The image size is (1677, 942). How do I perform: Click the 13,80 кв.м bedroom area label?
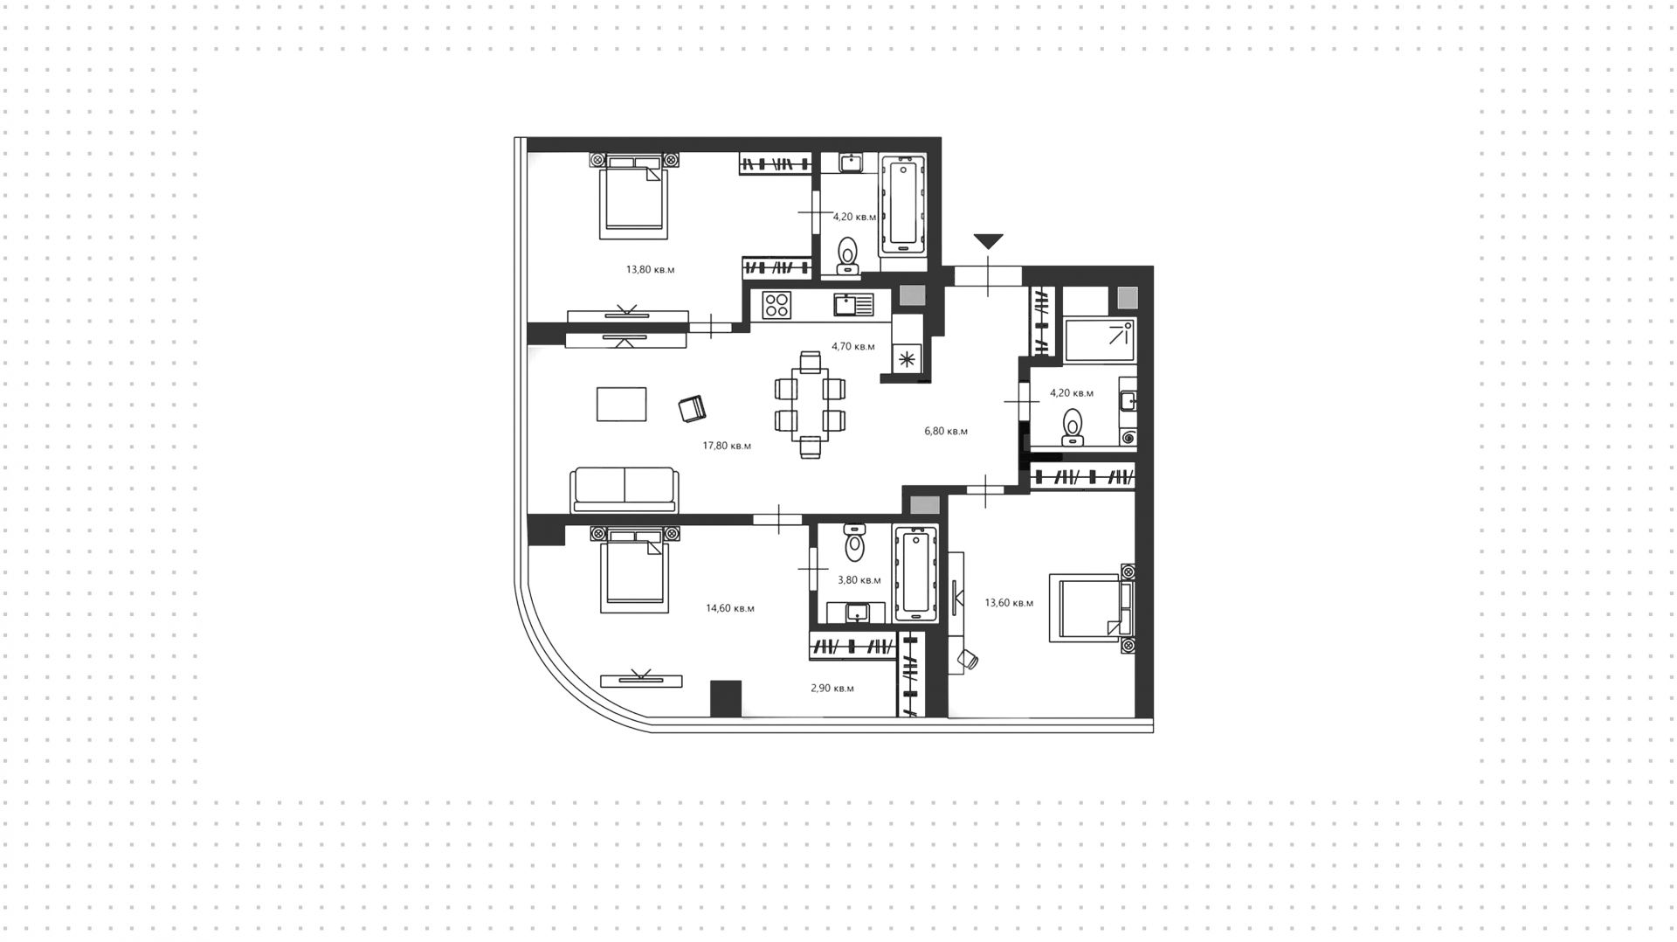tap(650, 270)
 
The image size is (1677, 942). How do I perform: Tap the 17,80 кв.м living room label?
tap(727, 446)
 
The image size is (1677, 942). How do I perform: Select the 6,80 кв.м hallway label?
tap(946, 431)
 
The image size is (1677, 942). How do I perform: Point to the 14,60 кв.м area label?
tap(730, 608)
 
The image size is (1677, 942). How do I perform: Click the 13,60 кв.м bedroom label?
tap(1009, 603)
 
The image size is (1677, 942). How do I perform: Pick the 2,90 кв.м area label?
tap(832, 689)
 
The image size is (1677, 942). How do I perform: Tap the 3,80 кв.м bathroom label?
tap(859, 580)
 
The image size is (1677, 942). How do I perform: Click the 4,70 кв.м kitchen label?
tap(852, 346)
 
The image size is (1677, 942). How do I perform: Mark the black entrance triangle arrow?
tap(988, 241)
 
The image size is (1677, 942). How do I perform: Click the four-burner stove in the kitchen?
tap(776, 305)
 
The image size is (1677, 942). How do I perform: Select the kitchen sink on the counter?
tap(853, 304)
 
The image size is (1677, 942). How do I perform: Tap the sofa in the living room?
tap(624, 489)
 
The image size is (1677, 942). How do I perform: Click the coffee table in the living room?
tap(622, 404)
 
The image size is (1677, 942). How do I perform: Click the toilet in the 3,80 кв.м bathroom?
tap(854, 544)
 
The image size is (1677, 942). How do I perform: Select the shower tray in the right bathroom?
tap(1101, 341)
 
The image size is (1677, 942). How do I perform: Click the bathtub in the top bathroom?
tap(903, 205)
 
